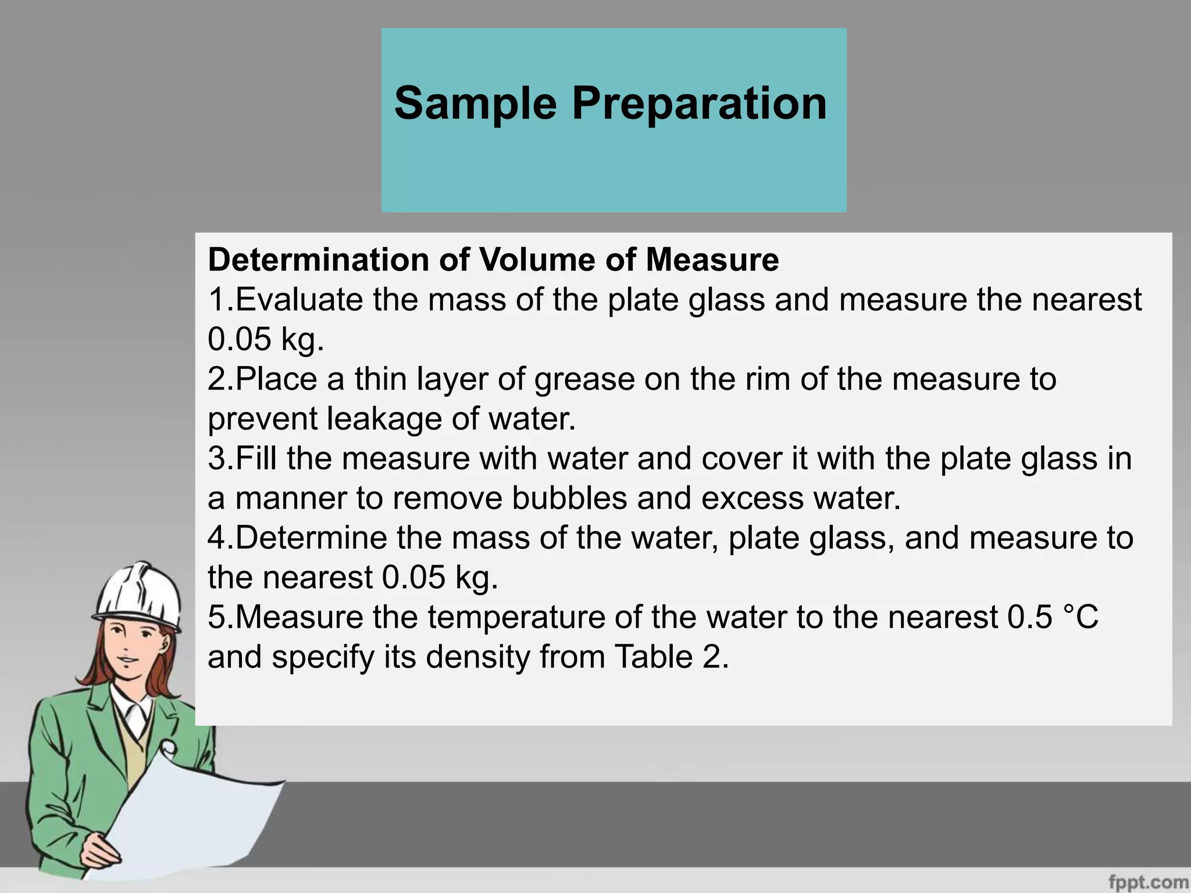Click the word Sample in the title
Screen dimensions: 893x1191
475,103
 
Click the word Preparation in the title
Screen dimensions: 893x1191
699,103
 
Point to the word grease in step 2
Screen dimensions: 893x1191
584,380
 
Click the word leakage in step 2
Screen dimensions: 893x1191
384,419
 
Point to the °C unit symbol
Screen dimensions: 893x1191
1081,617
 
